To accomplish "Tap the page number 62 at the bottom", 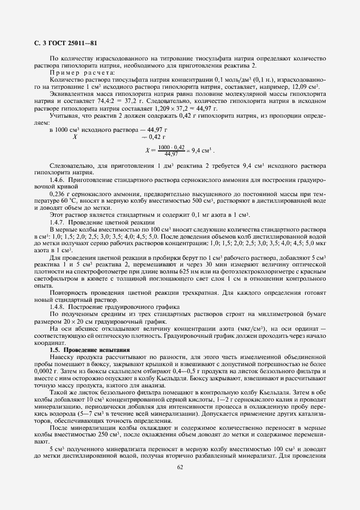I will pyautogui.click(x=180, y=466).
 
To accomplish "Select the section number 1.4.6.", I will pyautogui.click(x=57, y=179).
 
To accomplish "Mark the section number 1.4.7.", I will pyautogui.click(x=57, y=222).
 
